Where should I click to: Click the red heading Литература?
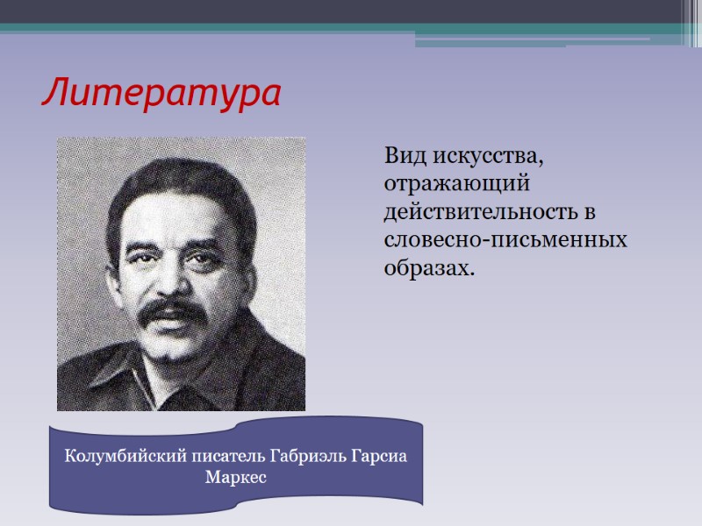click(161, 93)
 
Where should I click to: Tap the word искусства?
click(487, 159)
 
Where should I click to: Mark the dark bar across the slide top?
click(351, 11)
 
